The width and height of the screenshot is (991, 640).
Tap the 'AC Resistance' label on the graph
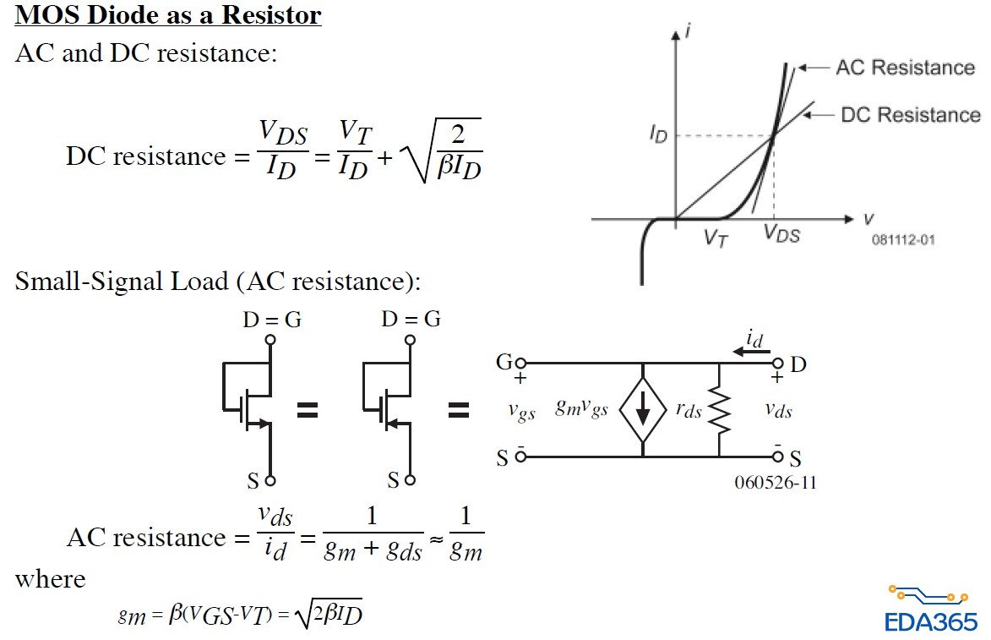904,68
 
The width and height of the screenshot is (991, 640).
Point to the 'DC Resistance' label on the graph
911,114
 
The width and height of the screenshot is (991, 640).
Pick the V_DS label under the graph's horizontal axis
781,234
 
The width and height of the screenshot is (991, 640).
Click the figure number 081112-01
903,240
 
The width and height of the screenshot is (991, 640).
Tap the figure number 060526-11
775,483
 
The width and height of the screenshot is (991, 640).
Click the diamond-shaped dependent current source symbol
643,411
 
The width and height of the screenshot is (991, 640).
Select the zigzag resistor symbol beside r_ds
718,411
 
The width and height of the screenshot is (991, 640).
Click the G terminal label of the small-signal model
504,364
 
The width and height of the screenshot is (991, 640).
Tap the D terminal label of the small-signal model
798,364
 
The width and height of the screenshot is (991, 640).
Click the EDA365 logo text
931,621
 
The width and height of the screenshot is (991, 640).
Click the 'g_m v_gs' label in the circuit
581,410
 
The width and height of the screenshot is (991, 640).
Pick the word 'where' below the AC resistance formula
50,579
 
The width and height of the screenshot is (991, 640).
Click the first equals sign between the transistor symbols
307,411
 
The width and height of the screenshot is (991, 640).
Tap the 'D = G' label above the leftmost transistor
270,320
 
